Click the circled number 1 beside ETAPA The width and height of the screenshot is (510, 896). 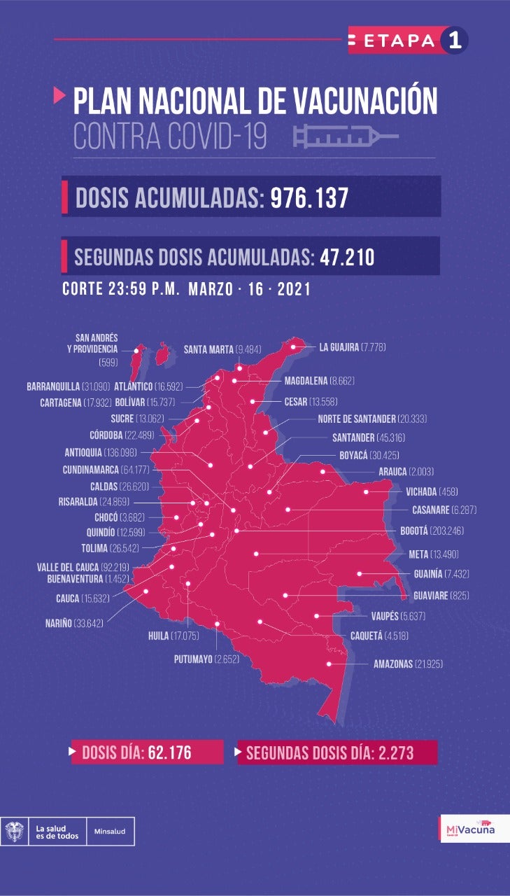pyautogui.click(x=454, y=40)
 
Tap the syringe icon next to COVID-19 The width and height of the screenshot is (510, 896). pyautogui.click(x=346, y=136)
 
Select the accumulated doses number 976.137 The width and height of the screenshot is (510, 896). pyautogui.click(x=309, y=197)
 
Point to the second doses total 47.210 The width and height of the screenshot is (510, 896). pyautogui.click(x=348, y=257)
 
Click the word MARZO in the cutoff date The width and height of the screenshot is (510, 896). pyautogui.click(x=211, y=289)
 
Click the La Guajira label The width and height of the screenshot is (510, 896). pyautogui.click(x=339, y=347)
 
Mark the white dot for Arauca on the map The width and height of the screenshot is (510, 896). pyautogui.click(x=323, y=472)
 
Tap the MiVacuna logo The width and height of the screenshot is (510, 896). pyautogui.click(x=469, y=830)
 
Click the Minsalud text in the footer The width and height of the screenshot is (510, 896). pyautogui.click(x=111, y=832)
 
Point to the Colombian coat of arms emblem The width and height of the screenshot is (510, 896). pyautogui.click(x=14, y=832)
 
